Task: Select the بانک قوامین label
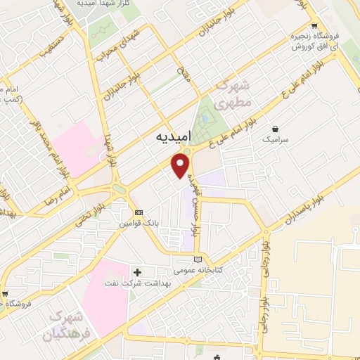[139, 223]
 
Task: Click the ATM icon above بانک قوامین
[139, 212]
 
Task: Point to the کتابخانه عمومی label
[199, 269]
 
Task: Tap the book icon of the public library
[199, 259]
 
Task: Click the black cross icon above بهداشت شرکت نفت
[138, 271]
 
